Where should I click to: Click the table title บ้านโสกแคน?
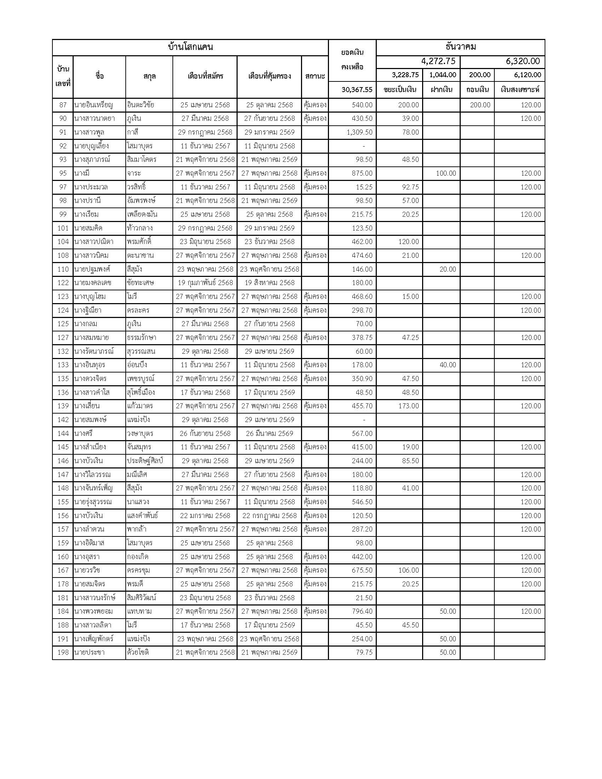click(x=190, y=47)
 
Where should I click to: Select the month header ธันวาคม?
click(x=460, y=47)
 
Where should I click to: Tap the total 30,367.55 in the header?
click(x=357, y=90)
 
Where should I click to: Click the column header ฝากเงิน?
click(x=441, y=90)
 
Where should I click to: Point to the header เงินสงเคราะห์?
click(x=520, y=90)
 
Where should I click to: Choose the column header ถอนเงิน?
click(x=477, y=90)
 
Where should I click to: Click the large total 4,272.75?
click(x=438, y=61)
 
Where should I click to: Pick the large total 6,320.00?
click(x=522, y=61)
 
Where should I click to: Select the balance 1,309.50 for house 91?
click(x=359, y=132)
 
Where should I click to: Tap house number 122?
click(x=63, y=283)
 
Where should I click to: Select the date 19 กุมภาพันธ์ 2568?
click(x=205, y=283)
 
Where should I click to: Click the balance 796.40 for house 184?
click(x=362, y=612)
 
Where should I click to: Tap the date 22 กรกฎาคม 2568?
click(x=269, y=516)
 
